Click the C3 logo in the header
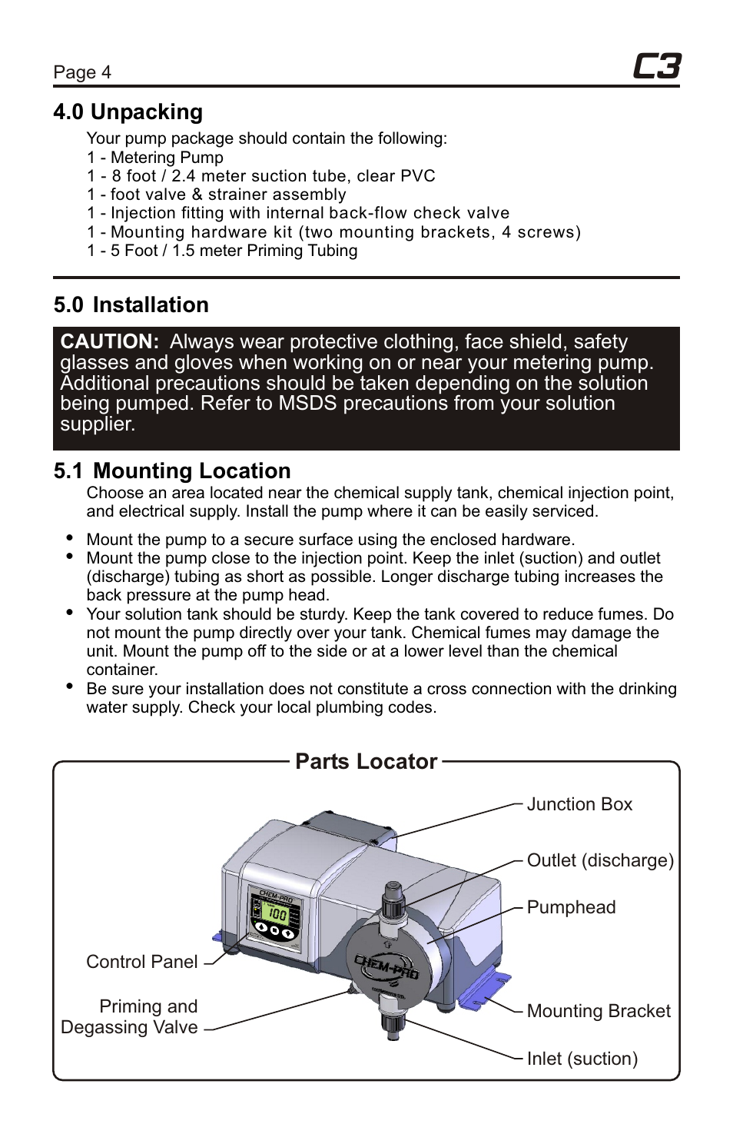(x=657, y=67)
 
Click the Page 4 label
(x=82, y=72)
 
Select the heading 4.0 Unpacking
(x=128, y=112)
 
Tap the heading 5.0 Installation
(x=131, y=305)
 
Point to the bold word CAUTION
(x=110, y=342)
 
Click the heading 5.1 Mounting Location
(x=172, y=471)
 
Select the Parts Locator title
(x=366, y=762)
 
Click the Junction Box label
(x=579, y=805)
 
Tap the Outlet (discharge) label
(x=600, y=861)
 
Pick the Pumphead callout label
(x=571, y=908)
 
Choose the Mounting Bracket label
(x=599, y=1012)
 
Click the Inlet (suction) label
(x=582, y=1059)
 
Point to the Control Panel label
(x=142, y=963)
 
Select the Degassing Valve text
(x=129, y=1028)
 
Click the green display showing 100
(x=275, y=914)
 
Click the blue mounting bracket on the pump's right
(x=484, y=991)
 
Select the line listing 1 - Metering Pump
(x=155, y=158)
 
